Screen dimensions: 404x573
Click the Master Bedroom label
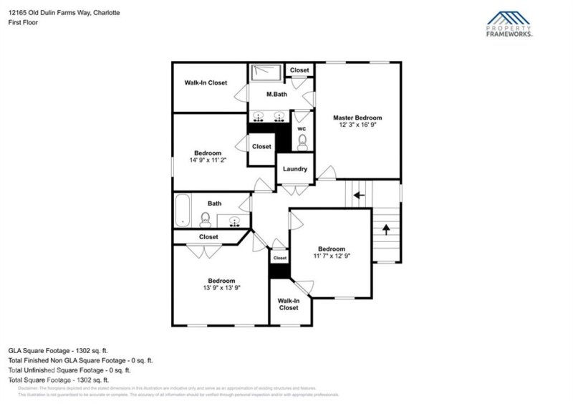click(x=357, y=117)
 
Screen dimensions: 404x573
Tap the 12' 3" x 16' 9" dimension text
click(x=357, y=125)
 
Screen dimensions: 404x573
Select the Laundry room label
click(x=295, y=169)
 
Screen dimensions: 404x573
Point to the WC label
click(x=302, y=129)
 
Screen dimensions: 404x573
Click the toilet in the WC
click(x=302, y=140)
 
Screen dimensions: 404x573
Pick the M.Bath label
click(x=277, y=95)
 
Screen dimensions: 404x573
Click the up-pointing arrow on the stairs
click(x=386, y=230)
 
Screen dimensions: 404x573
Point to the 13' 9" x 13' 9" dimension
click(x=221, y=287)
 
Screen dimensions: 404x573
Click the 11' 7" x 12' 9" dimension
click(x=332, y=256)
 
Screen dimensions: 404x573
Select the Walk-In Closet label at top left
click(x=206, y=83)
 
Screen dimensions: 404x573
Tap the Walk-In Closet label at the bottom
click(x=289, y=304)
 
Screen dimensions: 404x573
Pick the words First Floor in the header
click(x=24, y=22)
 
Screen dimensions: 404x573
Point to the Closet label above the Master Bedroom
click(x=299, y=70)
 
